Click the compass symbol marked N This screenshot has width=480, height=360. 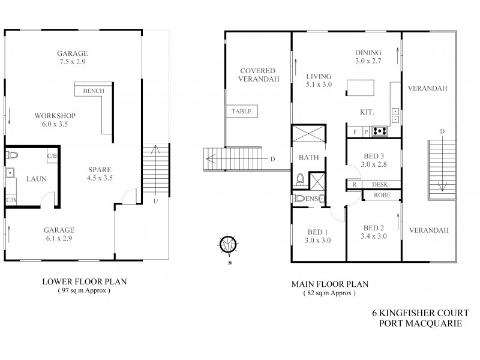click(x=227, y=244)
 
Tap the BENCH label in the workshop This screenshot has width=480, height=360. click(x=94, y=91)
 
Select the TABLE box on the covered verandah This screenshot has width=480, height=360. click(x=242, y=111)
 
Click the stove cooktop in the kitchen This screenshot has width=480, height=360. click(x=379, y=130)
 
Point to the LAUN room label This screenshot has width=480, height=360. click(x=33, y=179)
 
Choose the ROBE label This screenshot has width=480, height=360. click(x=382, y=195)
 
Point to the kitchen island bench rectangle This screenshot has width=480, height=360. click(x=360, y=91)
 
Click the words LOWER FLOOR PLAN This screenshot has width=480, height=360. click(x=83, y=281)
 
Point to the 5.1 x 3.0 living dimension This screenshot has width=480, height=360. click(x=319, y=85)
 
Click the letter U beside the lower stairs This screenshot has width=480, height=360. click(x=155, y=200)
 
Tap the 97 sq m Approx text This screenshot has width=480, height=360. click(x=85, y=290)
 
